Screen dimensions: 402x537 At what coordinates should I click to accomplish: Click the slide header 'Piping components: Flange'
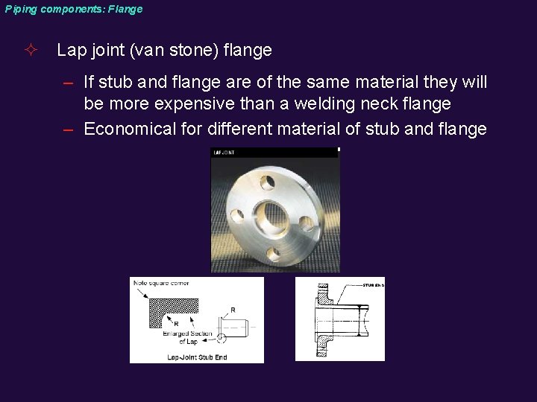pyautogui.click(x=73, y=10)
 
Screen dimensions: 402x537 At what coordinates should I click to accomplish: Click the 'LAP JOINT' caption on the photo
pyautogui.click(x=224, y=152)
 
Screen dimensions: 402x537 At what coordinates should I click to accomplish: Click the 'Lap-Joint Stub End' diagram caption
pyautogui.click(x=196, y=357)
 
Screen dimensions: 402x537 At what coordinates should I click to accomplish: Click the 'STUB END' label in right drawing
pyautogui.click(x=373, y=285)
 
